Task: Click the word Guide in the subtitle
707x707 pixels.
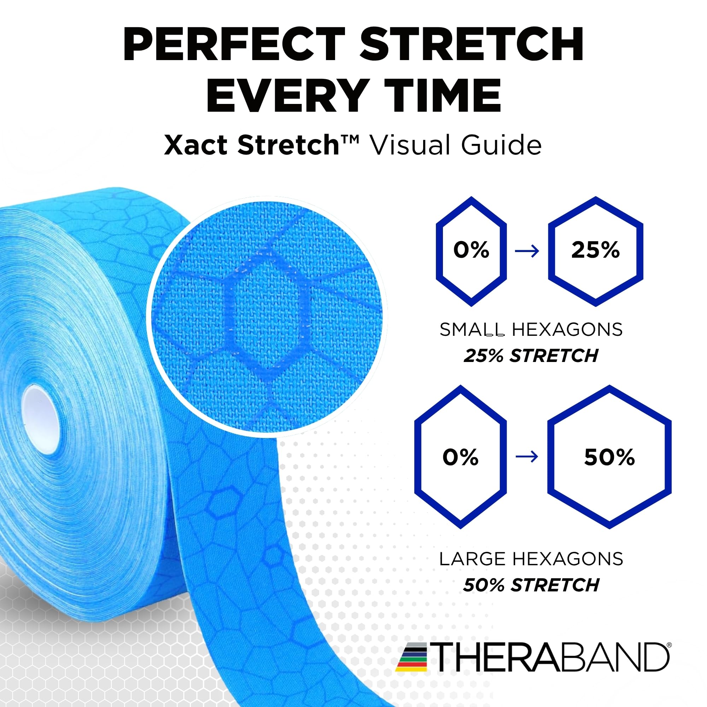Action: tap(501, 145)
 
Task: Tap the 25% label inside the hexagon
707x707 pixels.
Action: tap(595, 250)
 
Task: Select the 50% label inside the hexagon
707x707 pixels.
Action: tap(609, 457)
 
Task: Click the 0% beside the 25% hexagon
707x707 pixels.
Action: tap(471, 250)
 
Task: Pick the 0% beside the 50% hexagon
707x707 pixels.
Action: tap(460, 457)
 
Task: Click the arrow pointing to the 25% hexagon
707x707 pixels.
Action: tap(527, 251)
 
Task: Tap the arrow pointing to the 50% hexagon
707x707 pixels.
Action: tap(527, 457)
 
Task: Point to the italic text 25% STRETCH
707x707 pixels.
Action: tap(531, 356)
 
